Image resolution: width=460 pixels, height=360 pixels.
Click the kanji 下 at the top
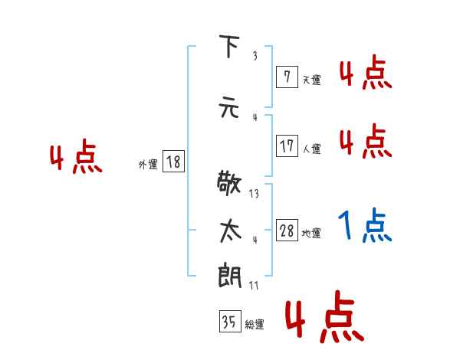pos(228,48)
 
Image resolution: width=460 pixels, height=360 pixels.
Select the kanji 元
pos(228,108)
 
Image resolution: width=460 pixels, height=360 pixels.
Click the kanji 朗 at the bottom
pos(228,275)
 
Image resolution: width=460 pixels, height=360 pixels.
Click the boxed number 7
pos(286,77)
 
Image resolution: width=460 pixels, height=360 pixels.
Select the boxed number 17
pos(287,146)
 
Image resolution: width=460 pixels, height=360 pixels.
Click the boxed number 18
pos(173,162)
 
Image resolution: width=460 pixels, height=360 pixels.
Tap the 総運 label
pos(255,325)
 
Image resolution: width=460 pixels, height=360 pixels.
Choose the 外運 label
pos(148,164)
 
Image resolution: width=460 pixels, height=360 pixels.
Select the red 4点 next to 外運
pos(75,159)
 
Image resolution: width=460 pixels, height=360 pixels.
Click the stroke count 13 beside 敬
pos(254,194)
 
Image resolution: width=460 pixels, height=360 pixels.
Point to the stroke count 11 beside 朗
pos(254,286)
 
